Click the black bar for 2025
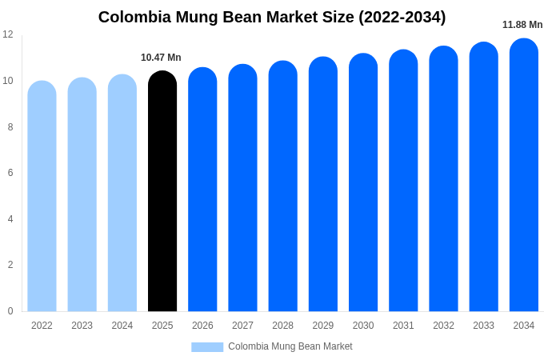[x=162, y=192]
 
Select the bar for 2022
[x=42, y=197]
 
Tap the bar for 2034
[x=524, y=175]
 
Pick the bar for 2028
[x=282, y=186]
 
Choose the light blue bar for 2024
[x=122, y=194]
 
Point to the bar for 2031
[x=403, y=181]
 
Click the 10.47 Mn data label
[x=161, y=58]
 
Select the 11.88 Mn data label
[x=522, y=25]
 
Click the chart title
[x=272, y=17]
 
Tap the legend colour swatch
[x=207, y=347]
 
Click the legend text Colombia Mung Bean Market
[x=290, y=346]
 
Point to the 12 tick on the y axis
[x=8, y=34]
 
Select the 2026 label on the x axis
[x=202, y=326]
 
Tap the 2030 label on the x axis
[x=363, y=326]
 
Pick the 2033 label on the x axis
[x=483, y=326]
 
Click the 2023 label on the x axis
[x=82, y=326]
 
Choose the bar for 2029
[x=323, y=184]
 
